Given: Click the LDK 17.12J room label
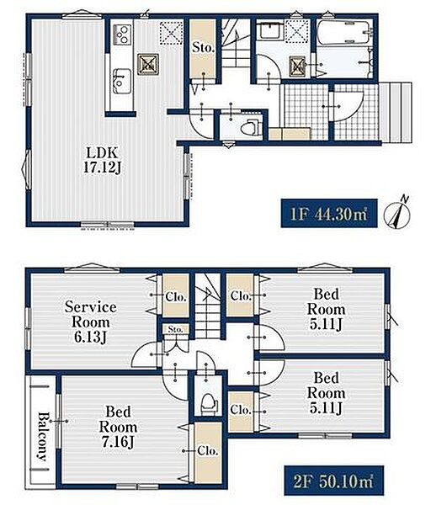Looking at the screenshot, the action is [x=102, y=160].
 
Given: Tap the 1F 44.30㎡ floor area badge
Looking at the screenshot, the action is [x=329, y=213].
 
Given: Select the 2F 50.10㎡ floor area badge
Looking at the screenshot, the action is [x=333, y=481].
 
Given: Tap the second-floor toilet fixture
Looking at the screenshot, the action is [x=209, y=403].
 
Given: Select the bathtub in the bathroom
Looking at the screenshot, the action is [x=343, y=32].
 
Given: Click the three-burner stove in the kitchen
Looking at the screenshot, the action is [x=122, y=35].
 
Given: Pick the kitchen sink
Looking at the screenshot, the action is [x=122, y=82].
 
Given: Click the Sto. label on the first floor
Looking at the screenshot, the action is [x=203, y=48].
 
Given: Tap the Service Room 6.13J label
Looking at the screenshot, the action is [x=91, y=322].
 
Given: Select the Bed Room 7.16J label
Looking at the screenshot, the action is [x=118, y=427].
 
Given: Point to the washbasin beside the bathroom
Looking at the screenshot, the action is [x=271, y=30].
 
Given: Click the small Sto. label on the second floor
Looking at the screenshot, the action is [x=176, y=329].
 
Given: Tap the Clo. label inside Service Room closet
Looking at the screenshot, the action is [x=176, y=296].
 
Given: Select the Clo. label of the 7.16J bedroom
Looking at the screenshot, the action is [x=208, y=450].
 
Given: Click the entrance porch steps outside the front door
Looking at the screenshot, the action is [x=396, y=113].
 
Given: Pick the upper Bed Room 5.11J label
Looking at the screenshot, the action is [x=326, y=309].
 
